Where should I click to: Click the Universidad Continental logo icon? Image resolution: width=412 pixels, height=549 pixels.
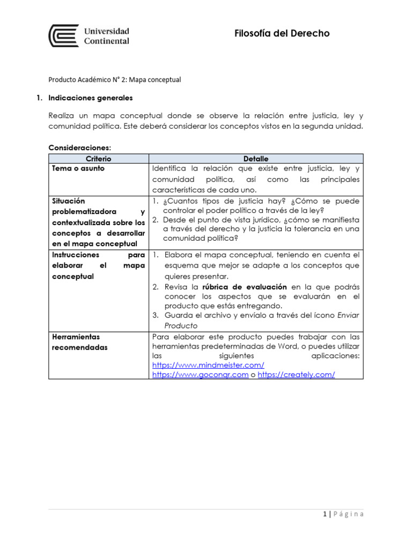point(64,35)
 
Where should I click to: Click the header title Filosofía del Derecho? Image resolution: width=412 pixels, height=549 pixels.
point(282,34)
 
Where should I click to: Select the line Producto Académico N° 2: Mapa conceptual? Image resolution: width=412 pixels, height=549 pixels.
point(115,80)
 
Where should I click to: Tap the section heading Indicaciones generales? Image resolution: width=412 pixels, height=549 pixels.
point(90,99)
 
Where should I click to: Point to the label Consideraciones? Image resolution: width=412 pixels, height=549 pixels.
point(79,147)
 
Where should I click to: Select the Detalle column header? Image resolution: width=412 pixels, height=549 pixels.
point(256,159)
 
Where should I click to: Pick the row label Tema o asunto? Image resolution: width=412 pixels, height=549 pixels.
point(78,168)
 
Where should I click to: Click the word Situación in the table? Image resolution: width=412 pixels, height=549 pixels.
point(69,201)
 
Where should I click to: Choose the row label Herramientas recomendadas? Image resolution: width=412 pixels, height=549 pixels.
point(79,342)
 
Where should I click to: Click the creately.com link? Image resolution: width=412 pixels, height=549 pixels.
point(296,375)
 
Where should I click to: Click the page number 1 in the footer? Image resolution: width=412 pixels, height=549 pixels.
point(325,514)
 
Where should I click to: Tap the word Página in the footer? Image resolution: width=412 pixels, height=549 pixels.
point(348,514)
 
